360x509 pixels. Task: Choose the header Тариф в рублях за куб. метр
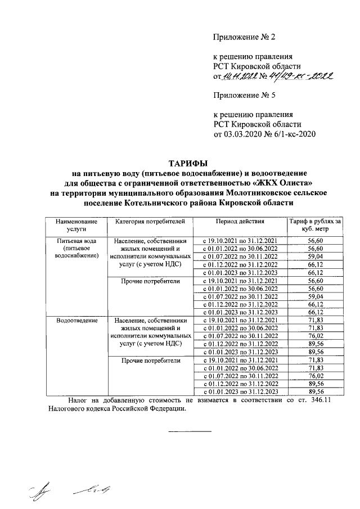coord(314,226)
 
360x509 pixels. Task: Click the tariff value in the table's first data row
coord(314,240)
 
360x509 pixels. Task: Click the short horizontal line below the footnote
coord(190,431)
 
